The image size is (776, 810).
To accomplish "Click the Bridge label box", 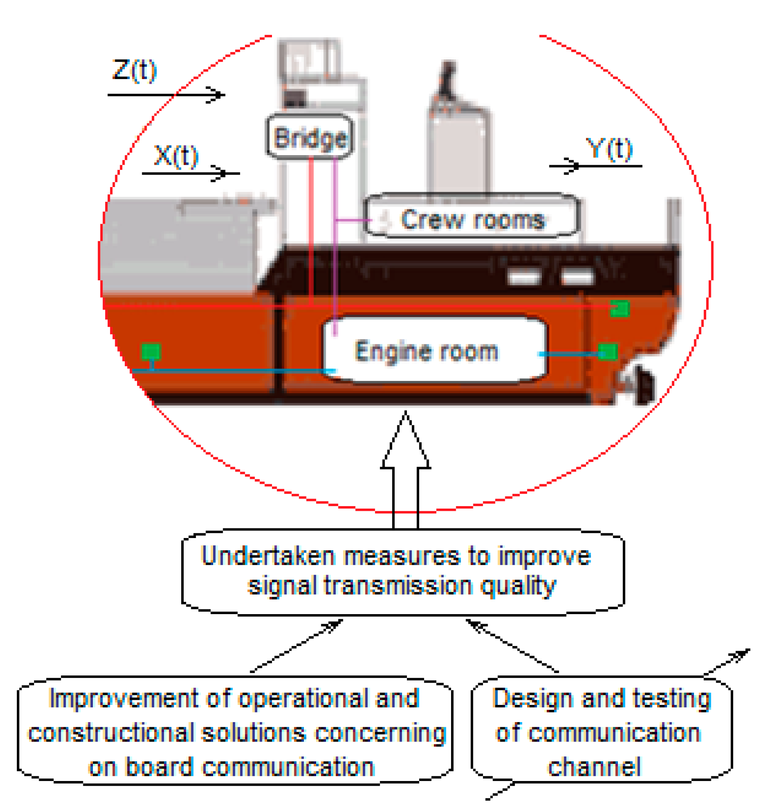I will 309,137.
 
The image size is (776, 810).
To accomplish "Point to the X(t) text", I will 176,156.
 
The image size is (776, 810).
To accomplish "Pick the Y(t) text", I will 609,149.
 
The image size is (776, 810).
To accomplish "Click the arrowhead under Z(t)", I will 216,95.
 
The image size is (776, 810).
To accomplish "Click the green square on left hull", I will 151,351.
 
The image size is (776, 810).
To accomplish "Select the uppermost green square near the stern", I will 620,308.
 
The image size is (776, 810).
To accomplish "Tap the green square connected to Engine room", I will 607,351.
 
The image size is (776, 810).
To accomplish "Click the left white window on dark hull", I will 523,277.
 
